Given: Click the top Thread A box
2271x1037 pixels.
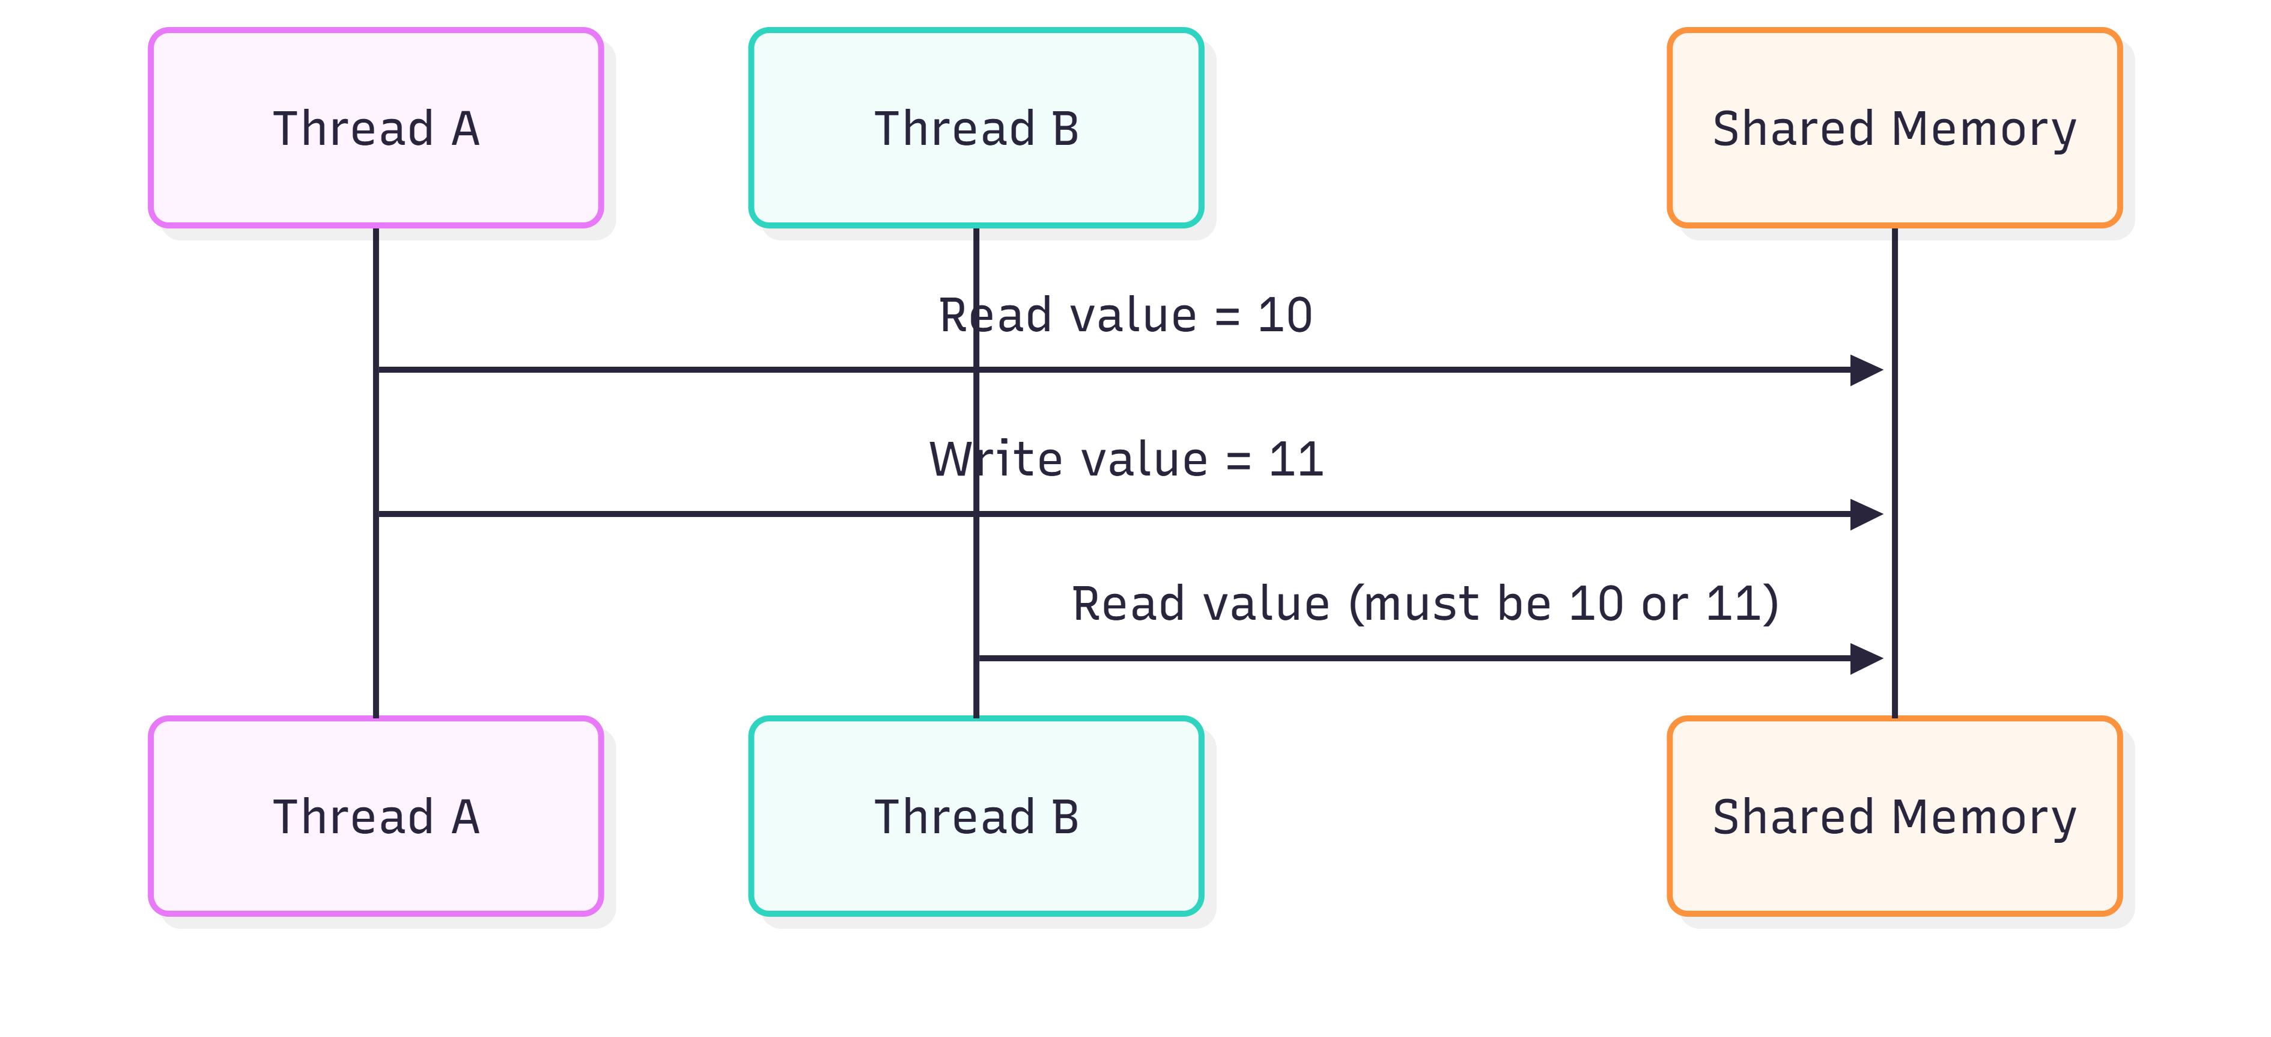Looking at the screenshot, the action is (x=375, y=128).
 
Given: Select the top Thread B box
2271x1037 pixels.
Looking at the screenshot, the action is (x=976, y=128).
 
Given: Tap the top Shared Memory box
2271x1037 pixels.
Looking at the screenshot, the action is (x=1894, y=128).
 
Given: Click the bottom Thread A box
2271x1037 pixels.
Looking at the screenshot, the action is (x=375, y=816).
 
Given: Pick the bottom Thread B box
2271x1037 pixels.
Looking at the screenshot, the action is (x=976, y=816).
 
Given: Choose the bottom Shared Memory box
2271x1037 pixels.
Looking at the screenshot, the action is (x=1894, y=816).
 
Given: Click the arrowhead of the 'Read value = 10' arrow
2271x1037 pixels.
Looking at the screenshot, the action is (x=1867, y=370).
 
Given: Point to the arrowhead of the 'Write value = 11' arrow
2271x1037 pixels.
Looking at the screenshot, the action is (x=1867, y=514).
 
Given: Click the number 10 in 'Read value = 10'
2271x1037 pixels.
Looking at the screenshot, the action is (x=1285, y=316).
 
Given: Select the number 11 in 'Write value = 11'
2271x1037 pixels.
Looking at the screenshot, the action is (x=1296, y=459).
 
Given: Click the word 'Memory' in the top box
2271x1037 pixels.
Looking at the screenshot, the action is (x=1984, y=130).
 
